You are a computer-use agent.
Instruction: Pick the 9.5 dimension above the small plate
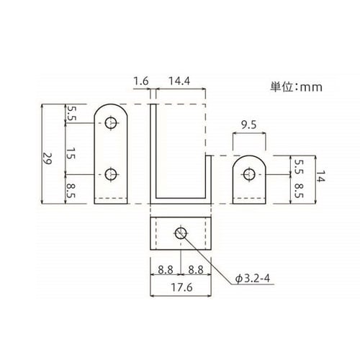click(249, 125)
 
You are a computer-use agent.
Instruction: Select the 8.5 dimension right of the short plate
click(297, 189)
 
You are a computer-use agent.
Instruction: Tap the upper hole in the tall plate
click(110, 123)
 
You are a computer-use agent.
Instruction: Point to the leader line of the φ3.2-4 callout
click(209, 259)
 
